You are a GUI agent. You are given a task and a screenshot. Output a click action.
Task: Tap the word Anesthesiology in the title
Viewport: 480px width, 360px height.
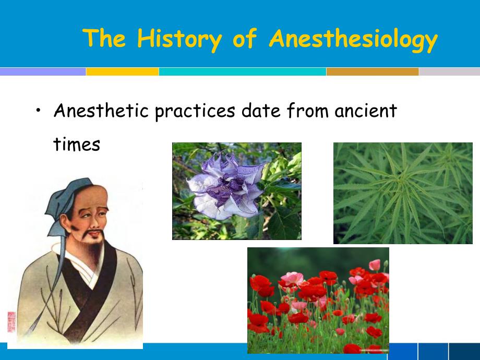point(353,40)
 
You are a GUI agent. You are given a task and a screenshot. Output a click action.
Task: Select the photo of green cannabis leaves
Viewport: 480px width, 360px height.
point(403,193)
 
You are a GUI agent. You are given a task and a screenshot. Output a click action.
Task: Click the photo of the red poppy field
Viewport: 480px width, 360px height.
point(318,300)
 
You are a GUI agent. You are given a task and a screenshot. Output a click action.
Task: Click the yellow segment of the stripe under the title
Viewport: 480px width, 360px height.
point(122,72)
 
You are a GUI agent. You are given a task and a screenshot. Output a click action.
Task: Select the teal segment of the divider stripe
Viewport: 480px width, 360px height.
point(243,72)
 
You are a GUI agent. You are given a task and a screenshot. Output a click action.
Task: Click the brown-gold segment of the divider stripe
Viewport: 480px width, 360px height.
point(373,72)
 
